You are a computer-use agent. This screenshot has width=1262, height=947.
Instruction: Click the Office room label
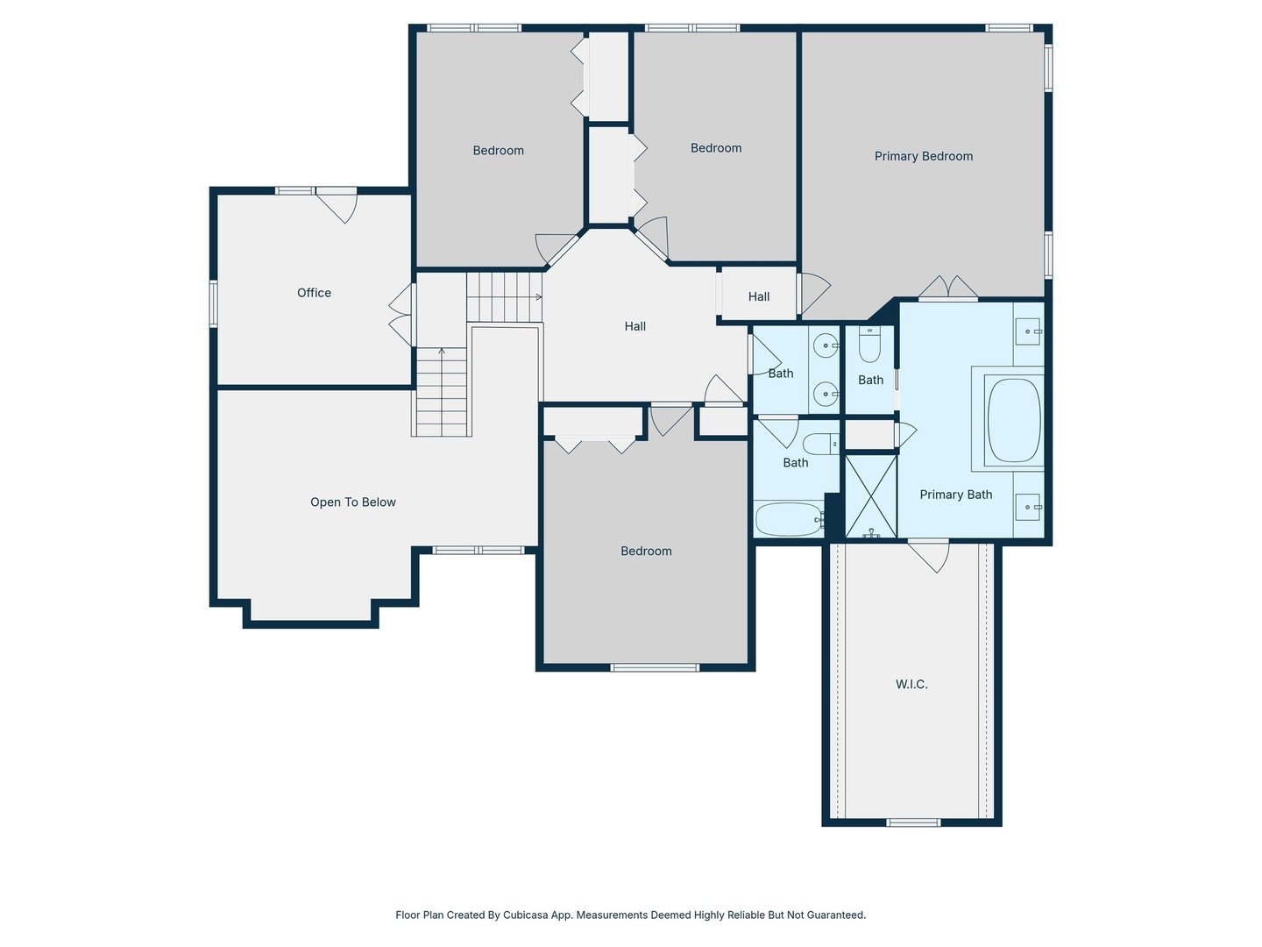(314, 293)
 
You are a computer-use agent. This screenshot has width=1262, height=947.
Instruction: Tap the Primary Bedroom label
(924, 156)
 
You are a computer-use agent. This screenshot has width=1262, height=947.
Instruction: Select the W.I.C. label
(911, 684)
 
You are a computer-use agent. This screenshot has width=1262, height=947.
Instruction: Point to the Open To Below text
(353, 502)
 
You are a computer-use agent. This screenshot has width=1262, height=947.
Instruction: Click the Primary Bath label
(955, 495)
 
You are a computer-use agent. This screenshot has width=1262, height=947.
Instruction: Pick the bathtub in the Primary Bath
(1014, 420)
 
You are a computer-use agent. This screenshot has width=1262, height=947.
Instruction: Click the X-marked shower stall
(871, 496)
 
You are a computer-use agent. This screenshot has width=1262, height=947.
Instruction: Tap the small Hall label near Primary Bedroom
(758, 296)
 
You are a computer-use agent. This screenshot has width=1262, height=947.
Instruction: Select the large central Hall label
(635, 326)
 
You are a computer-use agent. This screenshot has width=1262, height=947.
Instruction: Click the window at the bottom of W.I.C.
(912, 822)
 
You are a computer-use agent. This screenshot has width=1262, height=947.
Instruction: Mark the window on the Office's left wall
(213, 303)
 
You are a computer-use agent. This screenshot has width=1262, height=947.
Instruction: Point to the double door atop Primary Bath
(947, 288)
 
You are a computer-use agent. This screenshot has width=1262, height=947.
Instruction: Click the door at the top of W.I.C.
(928, 555)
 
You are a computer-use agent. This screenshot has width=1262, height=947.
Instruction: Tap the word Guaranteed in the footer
(837, 915)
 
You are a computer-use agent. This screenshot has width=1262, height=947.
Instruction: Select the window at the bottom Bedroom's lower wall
(655, 667)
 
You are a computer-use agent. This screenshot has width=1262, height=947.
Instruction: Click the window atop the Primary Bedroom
(1009, 27)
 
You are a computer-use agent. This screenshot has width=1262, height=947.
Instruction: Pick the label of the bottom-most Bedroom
(646, 552)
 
